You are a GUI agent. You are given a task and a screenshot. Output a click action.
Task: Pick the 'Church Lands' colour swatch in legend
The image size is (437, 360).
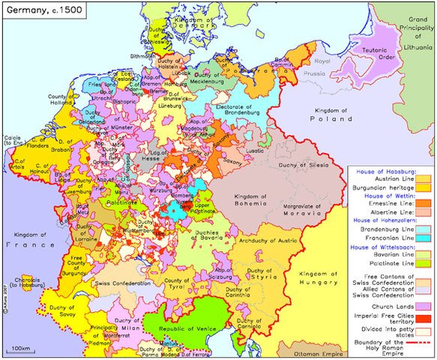click(424, 307)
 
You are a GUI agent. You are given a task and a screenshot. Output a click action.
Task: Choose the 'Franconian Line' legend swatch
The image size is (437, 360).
click(424, 238)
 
